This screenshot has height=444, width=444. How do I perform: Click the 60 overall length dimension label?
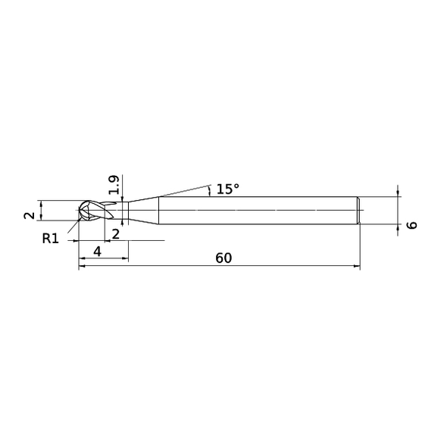[224, 258]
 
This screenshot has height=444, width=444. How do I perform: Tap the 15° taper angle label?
[228, 189]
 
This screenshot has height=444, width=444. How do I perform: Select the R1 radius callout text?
[51, 239]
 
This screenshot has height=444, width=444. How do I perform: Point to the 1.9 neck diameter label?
[114, 185]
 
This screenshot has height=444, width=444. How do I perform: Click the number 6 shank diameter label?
[412, 225]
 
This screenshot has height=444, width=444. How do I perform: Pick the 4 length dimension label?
[97, 252]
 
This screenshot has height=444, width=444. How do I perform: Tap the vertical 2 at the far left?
[29, 216]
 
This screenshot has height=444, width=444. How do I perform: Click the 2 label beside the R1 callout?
[116, 234]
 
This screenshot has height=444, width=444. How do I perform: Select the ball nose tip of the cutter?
[80, 210]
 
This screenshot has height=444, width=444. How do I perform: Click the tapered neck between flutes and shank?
[143, 210]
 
